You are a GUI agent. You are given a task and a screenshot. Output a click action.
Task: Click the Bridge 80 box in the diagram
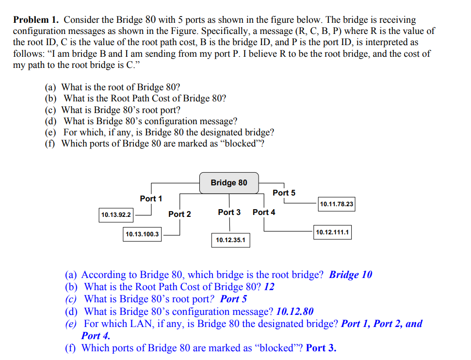tap(229, 183)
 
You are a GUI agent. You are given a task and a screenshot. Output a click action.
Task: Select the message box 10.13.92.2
tap(116, 214)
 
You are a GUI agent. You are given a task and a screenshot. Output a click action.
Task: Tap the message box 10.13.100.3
tap(142, 234)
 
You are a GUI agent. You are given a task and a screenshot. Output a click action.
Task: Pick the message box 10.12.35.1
tap(230, 240)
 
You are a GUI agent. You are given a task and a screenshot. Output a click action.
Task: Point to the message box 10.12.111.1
tap(332, 232)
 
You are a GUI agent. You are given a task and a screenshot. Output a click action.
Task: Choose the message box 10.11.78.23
tap(337, 204)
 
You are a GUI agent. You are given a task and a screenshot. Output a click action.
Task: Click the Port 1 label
tap(151, 198)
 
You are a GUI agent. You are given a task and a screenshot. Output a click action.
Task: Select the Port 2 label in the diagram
tap(179, 214)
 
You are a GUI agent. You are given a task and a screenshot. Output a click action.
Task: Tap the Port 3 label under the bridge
tap(229, 212)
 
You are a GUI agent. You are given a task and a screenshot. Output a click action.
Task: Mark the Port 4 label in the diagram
tap(264, 212)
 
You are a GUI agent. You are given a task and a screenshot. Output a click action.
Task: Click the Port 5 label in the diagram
tap(284, 193)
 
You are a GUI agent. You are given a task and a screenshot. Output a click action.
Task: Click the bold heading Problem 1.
tap(36, 20)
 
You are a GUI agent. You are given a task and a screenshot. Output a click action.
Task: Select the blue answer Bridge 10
tap(350, 275)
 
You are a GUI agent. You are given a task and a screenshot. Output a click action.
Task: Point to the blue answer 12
tap(269, 287)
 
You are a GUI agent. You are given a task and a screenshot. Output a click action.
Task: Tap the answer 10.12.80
tap(294, 311)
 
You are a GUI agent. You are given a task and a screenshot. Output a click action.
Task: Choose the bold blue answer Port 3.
tap(321, 347)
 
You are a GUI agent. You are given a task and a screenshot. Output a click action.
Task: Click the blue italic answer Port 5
tap(233, 299)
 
